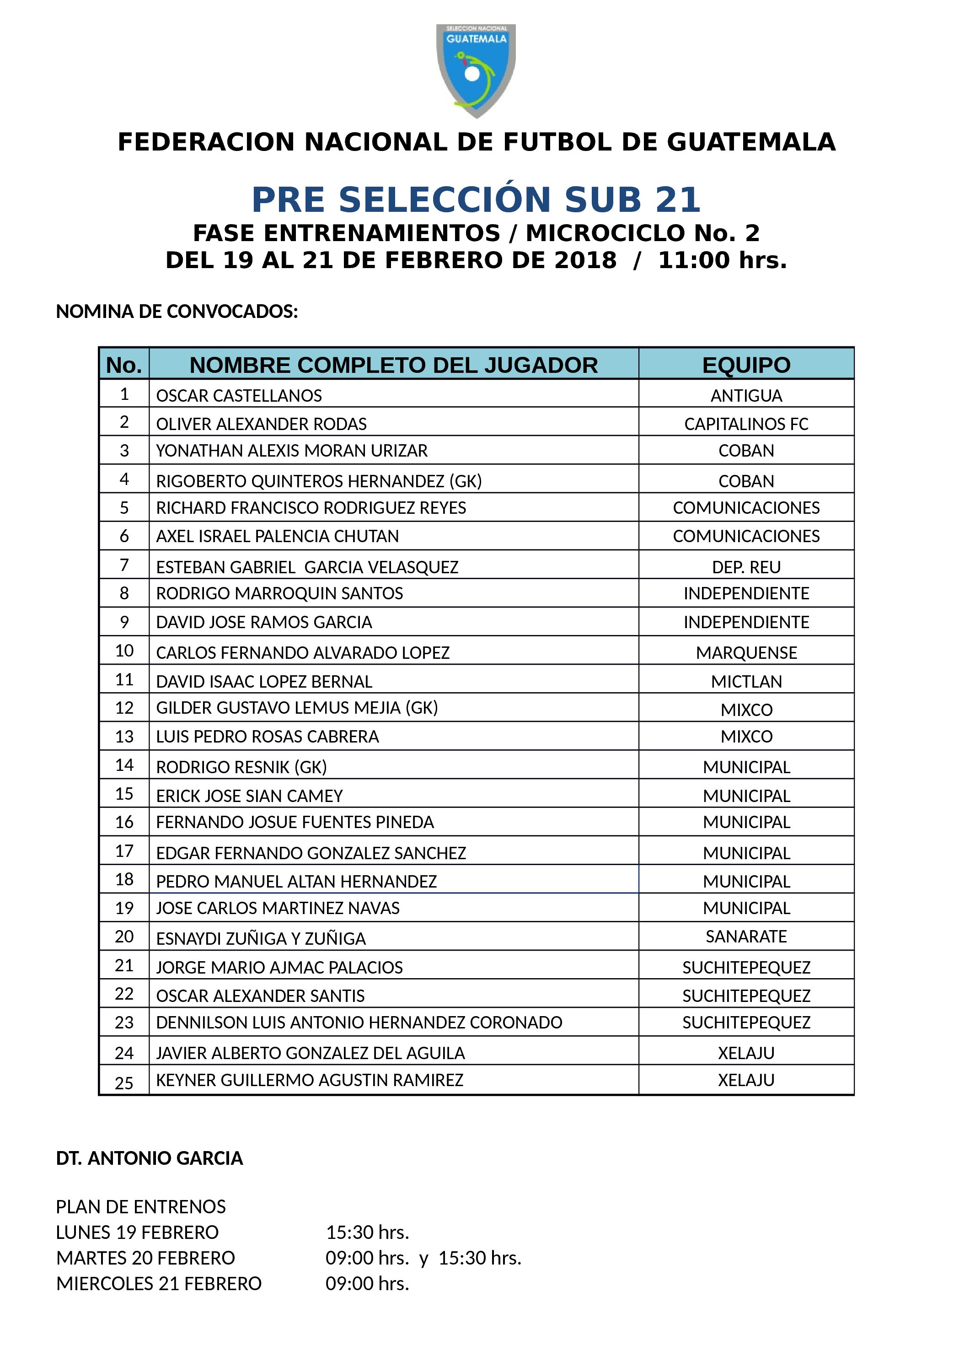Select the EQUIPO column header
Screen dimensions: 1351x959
click(746, 365)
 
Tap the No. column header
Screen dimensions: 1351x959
click(124, 365)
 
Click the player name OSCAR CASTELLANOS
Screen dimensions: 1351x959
click(239, 396)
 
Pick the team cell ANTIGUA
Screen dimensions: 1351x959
click(746, 396)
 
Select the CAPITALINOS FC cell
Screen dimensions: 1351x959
click(746, 424)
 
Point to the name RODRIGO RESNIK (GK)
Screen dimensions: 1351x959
click(241, 767)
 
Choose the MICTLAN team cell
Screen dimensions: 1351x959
click(746, 682)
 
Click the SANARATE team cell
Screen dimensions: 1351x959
click(746, 937)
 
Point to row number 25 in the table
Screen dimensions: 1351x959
click(124, 1083)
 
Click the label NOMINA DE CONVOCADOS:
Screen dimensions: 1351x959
click(177, 311)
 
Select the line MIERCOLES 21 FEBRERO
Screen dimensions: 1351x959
click(158, 1284)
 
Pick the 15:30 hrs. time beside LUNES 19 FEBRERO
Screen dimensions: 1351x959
click(367, 1232)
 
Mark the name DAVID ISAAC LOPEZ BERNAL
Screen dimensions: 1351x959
click(264, 682)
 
